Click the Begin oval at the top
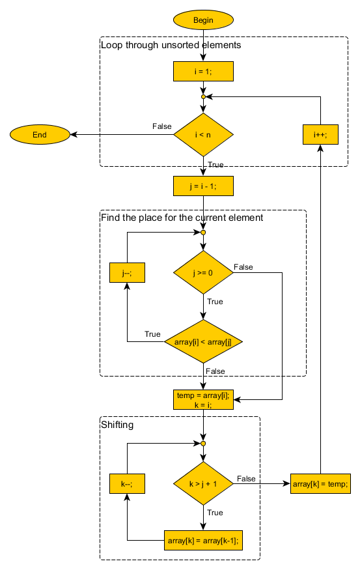[203, 20]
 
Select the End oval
[40, 135]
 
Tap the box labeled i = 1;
[203, 71]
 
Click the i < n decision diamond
[203, 135]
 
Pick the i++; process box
[320, 135]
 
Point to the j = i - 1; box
[203, 186]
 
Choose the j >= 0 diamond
[203, 273]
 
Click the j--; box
[126, 273]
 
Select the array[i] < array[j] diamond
[203, 341]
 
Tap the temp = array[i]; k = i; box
[203, 399]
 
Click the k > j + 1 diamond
[203, 484]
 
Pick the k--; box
[126, 484]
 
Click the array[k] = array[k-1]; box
[203, 540]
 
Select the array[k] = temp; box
[321, 484]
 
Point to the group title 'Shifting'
[117, 425]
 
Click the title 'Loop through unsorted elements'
[171, 46]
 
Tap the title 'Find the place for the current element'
[182, 218]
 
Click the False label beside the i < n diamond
[162, 126]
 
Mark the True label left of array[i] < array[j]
[152, 334]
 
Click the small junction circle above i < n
[203, 96]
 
